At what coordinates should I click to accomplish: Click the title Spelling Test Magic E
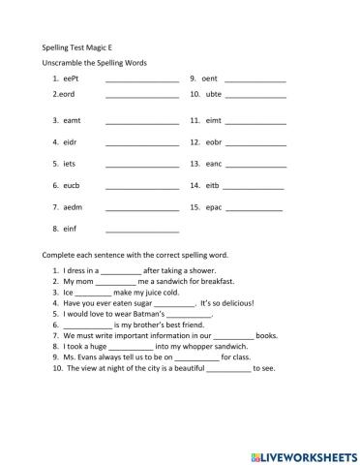(81, 46)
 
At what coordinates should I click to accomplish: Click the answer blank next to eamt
(142, 122)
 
